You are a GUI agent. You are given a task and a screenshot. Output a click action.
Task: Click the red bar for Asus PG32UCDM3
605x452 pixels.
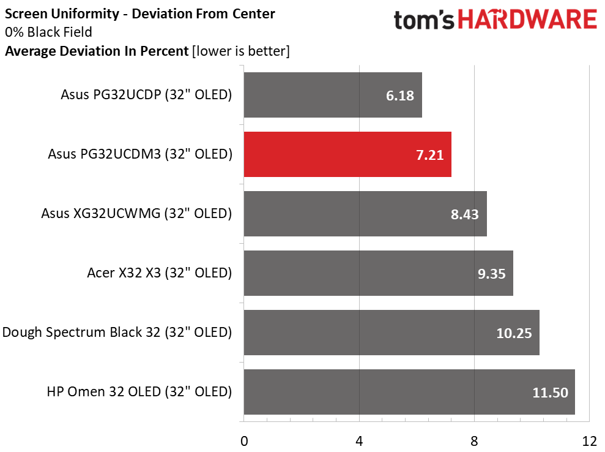[347, 154]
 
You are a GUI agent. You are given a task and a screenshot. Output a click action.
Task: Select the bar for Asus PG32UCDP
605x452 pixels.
[332, 95]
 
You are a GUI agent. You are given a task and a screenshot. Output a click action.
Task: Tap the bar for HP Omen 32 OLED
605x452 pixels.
[409, 392]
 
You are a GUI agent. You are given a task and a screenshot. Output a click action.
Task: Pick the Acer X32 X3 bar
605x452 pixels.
[378, 273]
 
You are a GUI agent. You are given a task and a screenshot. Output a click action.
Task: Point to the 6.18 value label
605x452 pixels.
[400, 96]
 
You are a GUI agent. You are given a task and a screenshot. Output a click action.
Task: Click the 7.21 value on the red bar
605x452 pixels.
[430, 155]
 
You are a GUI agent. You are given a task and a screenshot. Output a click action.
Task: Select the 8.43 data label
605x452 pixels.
[465, 214]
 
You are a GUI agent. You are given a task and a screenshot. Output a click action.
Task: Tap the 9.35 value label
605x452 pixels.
[491, 274]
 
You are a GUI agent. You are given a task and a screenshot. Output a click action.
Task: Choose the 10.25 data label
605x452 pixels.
[514, 333]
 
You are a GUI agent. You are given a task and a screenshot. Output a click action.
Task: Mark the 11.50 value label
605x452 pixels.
[550, 393]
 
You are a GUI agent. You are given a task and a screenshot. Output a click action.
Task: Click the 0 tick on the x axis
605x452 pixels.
[244, 440]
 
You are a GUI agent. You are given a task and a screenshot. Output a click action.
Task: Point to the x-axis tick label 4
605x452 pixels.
[359, 440]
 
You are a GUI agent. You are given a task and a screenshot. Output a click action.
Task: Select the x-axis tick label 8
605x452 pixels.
[474, 440]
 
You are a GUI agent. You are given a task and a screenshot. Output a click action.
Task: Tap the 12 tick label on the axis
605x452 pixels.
[588, 440]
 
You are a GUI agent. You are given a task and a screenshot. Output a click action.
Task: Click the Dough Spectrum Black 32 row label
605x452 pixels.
[117, 333]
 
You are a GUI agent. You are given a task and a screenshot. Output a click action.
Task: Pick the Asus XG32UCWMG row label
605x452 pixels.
[136, 214]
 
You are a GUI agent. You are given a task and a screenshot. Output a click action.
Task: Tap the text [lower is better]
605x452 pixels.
[240, 51]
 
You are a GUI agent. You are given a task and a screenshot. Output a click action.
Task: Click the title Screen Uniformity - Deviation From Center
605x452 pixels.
[140, 13]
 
